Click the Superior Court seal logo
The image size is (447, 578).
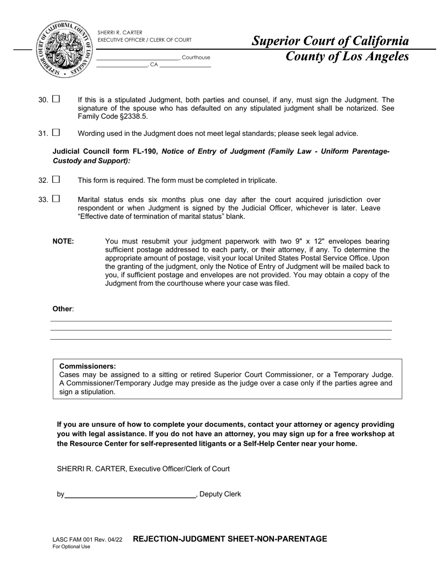[64, 49]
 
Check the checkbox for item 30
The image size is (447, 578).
[56, 99]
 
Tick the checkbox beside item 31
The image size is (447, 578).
[56, 133]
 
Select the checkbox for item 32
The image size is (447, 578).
[56, 180]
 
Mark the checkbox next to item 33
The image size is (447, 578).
[56, 199]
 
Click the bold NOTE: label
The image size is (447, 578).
[63, 242]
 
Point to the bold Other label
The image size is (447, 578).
[62, 309]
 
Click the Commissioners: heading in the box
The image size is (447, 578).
[88, 367]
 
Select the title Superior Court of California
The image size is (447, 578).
[330, 41]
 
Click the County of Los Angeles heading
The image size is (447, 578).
[347, 57]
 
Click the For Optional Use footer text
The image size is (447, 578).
[71, 547]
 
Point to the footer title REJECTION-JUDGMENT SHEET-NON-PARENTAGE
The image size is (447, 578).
[230, 539]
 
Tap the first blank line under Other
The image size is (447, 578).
[221, 321]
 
